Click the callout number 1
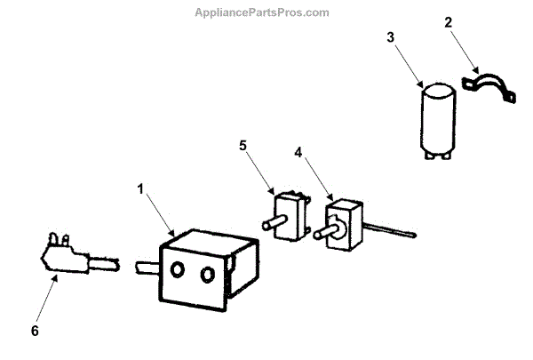point(140,188)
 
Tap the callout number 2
point(449,20)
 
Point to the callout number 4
point(299,152)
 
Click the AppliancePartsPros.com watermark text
point(266,12)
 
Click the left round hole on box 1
point(176,269)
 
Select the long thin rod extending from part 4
point(390,234)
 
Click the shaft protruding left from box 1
point(146,266)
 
